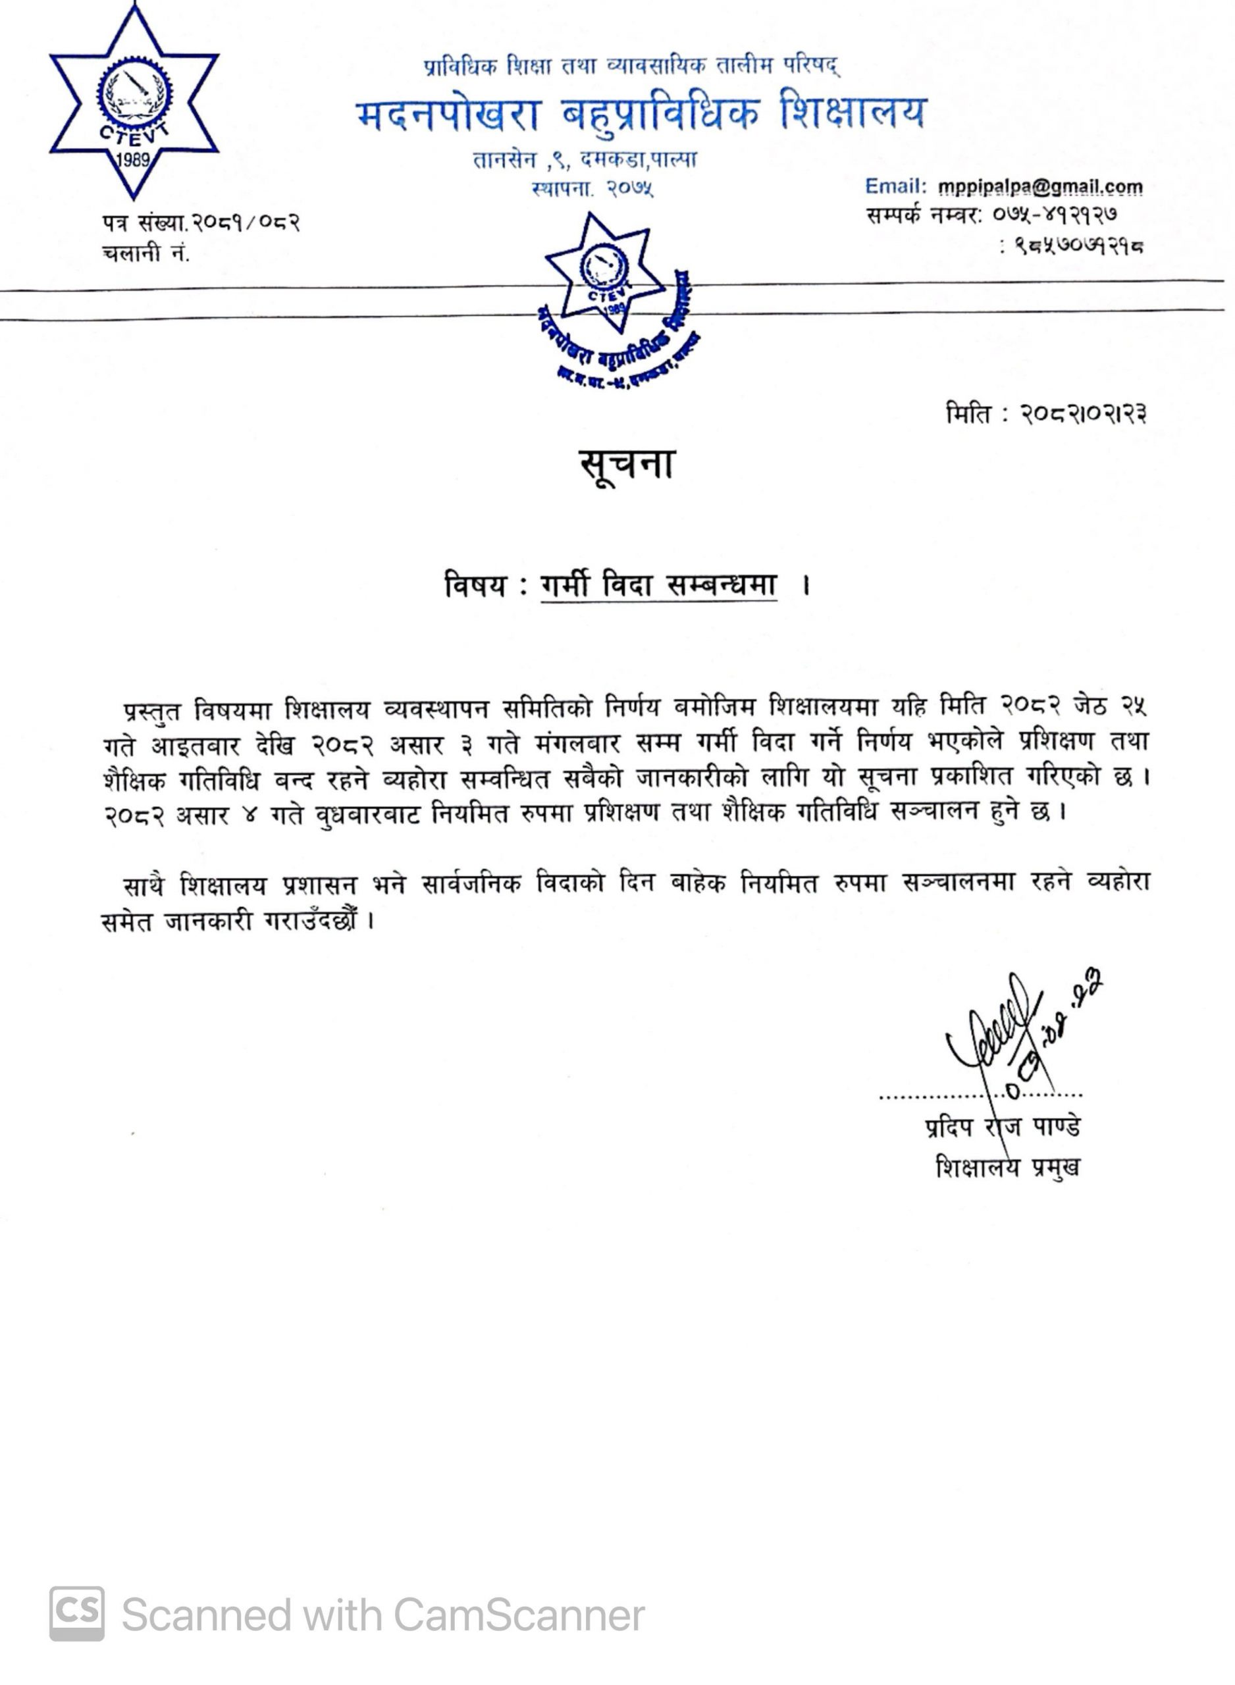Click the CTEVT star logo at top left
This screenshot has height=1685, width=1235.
click(134, 105)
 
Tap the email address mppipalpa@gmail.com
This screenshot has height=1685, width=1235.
click(1040, 186)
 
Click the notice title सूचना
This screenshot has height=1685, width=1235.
click(627, 465)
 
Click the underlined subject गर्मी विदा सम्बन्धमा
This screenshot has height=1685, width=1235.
click(658, 585)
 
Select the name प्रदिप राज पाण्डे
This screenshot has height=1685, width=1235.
click(1003, 1126)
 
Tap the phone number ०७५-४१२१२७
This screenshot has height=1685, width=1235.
click(1055, 215)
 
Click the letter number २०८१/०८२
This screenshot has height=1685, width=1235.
click(246, 222)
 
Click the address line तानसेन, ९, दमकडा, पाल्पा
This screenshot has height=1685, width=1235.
click(585, 160)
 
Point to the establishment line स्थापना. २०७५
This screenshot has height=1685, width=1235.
click(592, 189)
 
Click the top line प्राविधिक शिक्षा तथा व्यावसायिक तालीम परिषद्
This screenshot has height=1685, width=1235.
click(632, 67)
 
